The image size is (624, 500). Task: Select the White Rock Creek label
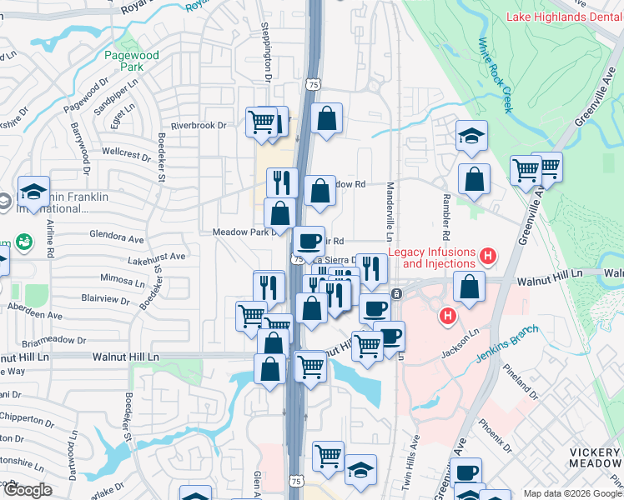coord(496,75)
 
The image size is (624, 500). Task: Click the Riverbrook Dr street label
coord(199,125)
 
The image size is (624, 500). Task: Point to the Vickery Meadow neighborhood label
coord(595,457)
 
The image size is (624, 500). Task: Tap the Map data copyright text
coord(572,493)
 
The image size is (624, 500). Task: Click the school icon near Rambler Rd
coord(471,137)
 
